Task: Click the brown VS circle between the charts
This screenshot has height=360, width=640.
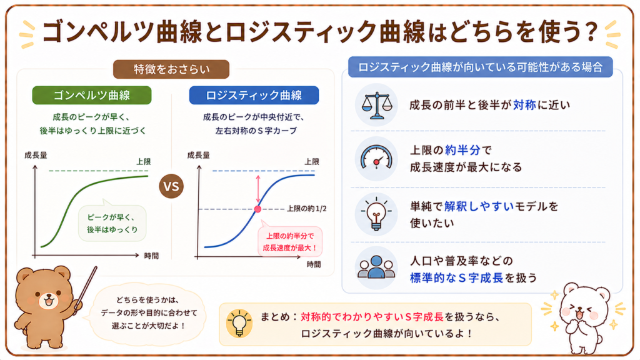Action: coord(171,186)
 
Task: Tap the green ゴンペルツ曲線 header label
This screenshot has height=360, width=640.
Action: coord(92,95)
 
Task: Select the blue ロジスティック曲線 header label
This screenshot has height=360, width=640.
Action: coord(254,95)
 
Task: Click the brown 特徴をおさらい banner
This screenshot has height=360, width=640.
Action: coord(171,69)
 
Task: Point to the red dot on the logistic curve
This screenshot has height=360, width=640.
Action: coord(257,209)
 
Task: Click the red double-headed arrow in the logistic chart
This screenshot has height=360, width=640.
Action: coord(258,189)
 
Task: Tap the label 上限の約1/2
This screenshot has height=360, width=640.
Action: coord(306,209)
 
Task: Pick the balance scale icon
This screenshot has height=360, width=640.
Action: coord(376,105)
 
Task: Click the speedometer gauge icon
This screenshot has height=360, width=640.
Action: coord(376,159)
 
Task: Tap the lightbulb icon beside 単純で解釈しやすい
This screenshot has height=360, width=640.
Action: coord(376,214)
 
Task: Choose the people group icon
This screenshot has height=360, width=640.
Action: coord(376,267)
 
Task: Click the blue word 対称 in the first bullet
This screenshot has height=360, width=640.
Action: coord(524,105)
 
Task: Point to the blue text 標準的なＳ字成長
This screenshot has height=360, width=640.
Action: coord(456,278)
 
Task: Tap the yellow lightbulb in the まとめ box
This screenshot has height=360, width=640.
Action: coord(239,323)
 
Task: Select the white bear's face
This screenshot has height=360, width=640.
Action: coord(581,307)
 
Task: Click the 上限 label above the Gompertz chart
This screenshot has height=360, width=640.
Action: coord(143,162)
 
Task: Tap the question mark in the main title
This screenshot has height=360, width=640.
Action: coord(591,32)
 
